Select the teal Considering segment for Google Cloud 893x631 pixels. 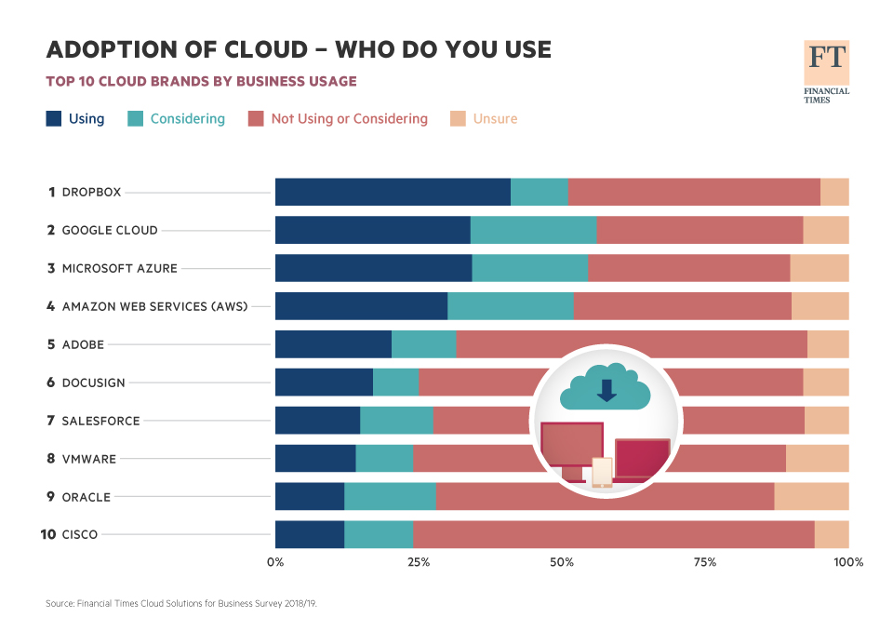click(533, 230)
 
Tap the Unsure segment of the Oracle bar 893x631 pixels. click(811, 497)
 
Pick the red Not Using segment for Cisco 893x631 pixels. click(613, 535)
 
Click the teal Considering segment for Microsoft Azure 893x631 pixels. click(529, 268)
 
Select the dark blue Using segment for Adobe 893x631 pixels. click(333, 344)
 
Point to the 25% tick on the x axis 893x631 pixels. click(419, 562)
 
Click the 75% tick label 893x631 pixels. click(705, 562)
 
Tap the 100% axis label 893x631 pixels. click(848, 562)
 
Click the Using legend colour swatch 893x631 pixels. click(54, 119)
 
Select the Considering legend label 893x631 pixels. click(187, 119)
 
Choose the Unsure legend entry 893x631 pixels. click(495, 119)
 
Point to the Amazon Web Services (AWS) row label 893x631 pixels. click(154, 306)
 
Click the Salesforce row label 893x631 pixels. click(100, 421)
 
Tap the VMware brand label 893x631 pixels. click(89, 459)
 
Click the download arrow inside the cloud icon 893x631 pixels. click(606, 389)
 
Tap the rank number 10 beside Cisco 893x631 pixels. click(48, 535)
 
